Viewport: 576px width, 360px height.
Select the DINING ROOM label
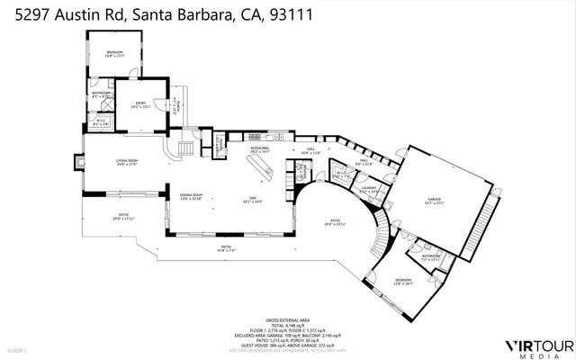[190, 197]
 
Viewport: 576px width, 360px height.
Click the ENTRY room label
[140, 105]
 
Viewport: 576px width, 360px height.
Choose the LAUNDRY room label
[368, 188]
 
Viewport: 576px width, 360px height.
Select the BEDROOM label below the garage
[402, 281]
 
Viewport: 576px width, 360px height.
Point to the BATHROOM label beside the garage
[431, 256]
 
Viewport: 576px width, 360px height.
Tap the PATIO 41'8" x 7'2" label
[225, 248]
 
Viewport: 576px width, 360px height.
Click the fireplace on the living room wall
[80, 163]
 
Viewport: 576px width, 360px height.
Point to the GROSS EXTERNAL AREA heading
[288, 320]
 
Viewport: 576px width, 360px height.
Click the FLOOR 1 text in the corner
[17, 349]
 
